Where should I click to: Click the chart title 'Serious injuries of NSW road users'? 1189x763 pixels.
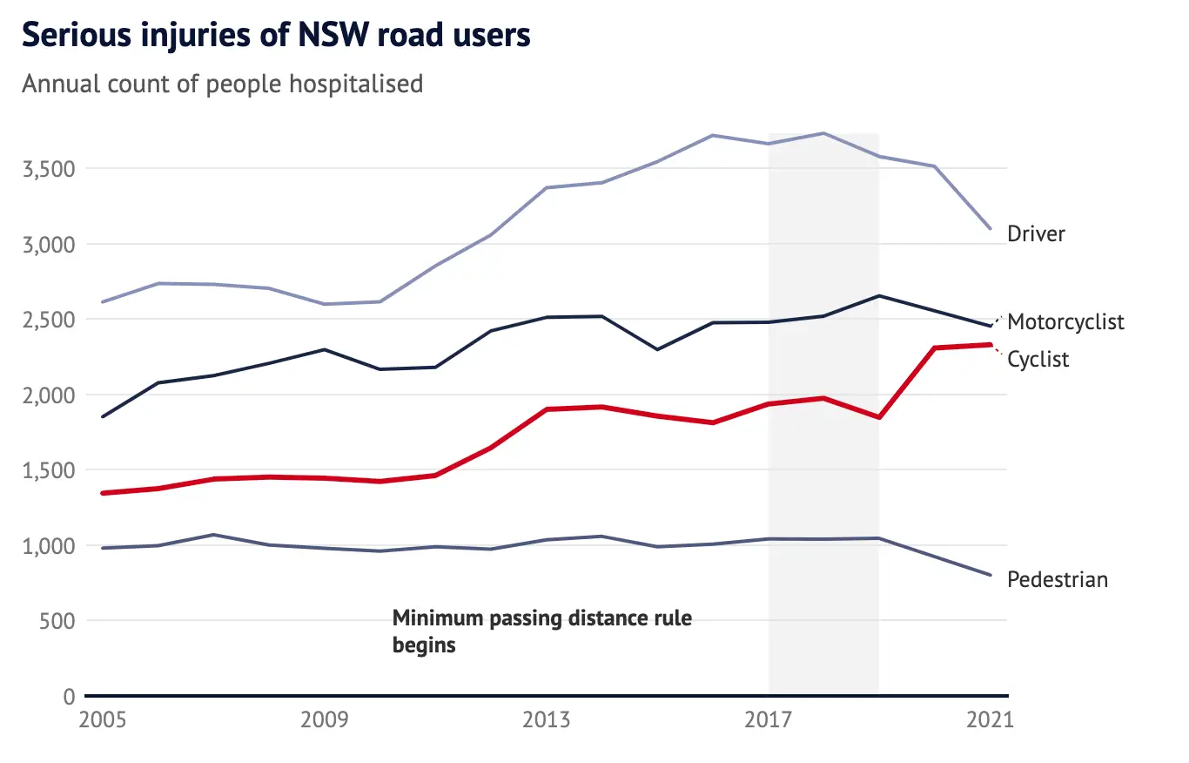276,36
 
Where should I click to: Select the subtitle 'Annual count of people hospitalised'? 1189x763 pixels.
222,84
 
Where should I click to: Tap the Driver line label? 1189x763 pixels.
1036,233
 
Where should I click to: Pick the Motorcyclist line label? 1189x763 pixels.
1065,322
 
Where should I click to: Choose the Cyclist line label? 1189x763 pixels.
1038,359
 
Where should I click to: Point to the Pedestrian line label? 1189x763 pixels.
1058,579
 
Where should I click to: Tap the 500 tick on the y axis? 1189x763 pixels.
57,621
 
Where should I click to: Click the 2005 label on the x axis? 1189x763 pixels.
103,720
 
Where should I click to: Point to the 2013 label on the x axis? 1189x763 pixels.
547,720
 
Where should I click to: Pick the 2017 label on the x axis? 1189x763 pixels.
768,720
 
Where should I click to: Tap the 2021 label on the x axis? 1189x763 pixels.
991,720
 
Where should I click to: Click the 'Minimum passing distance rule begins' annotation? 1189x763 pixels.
542,631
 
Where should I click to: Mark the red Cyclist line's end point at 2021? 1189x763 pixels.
991,345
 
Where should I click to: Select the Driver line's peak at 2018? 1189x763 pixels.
823,133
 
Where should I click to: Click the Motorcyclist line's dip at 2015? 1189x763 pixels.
657,349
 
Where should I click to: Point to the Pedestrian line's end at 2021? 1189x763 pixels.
991,575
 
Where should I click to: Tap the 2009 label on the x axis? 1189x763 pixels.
325,720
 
